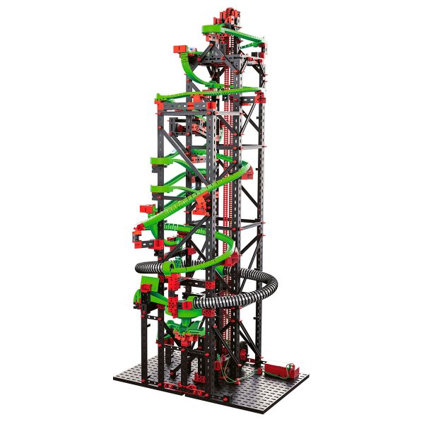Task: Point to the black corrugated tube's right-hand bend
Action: coord(272,283)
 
